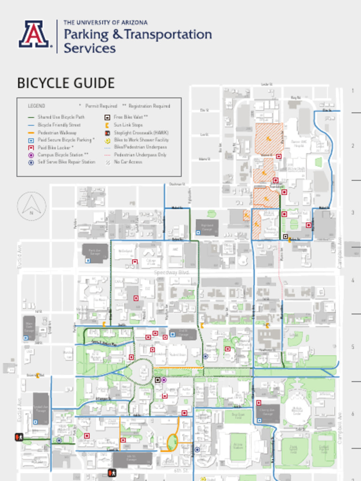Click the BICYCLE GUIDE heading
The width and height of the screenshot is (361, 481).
point(66,83)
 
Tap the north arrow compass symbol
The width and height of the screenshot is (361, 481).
point(31,207)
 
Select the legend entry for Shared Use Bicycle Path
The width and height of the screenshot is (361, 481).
point(61,117)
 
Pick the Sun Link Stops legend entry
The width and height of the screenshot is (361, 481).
point(128,125)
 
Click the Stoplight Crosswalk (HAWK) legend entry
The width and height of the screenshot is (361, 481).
point(141,132)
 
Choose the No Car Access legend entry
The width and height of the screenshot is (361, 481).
point(128,162)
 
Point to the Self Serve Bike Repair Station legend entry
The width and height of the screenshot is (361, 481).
point(66,162)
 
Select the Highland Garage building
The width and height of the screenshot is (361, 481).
point(207,227)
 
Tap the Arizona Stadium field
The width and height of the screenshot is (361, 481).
point(238,446)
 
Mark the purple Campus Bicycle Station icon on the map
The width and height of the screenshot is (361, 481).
point(164,380)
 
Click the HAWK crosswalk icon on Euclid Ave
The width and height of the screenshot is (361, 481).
point(19,437)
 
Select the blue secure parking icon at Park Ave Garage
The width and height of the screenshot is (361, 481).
point(87,260)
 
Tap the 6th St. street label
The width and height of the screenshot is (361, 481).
point(180,470)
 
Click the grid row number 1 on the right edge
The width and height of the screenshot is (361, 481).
point(352,91)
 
